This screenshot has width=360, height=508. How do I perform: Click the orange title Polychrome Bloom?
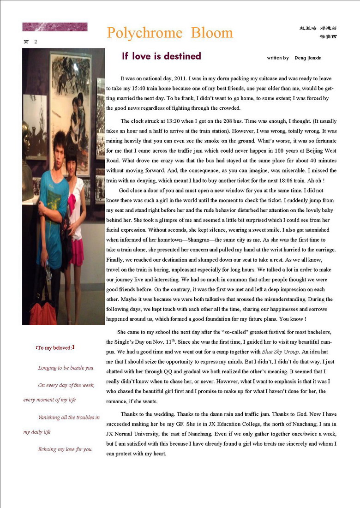170,33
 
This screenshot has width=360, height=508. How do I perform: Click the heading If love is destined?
162,56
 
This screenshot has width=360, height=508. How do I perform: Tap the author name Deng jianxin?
308,58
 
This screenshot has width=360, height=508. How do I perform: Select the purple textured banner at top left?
54,27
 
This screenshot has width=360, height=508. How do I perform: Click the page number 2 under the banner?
36,42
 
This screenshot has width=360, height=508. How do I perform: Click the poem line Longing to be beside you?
66,368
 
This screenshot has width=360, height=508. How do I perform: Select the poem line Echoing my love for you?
65,449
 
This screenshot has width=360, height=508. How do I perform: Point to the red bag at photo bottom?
43,314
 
